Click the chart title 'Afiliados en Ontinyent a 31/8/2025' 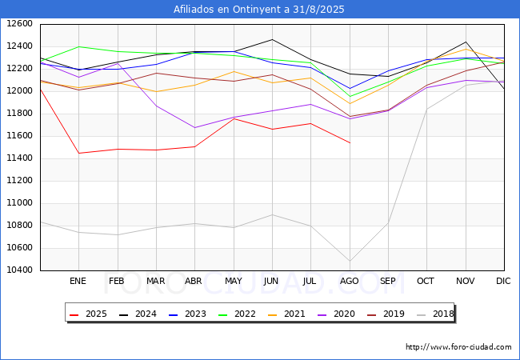tap(259, 10)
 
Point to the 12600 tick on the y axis tap(20, 23)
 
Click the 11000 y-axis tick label tap(20, 202)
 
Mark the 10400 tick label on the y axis tap(20, 270)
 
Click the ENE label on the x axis tap(78, 282)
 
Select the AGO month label tap(350, 282)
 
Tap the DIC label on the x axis tap(503, 282)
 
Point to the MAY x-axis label tap(234, 282)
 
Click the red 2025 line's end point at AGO tap(350, 142)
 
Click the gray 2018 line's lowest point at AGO tap(350, 261)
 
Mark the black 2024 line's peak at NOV tap(466, 42)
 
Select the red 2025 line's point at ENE tap(78, 153)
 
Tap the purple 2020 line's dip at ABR tap(194, 127)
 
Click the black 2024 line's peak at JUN tap(272, 39)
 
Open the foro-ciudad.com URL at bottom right tap(458, 347)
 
